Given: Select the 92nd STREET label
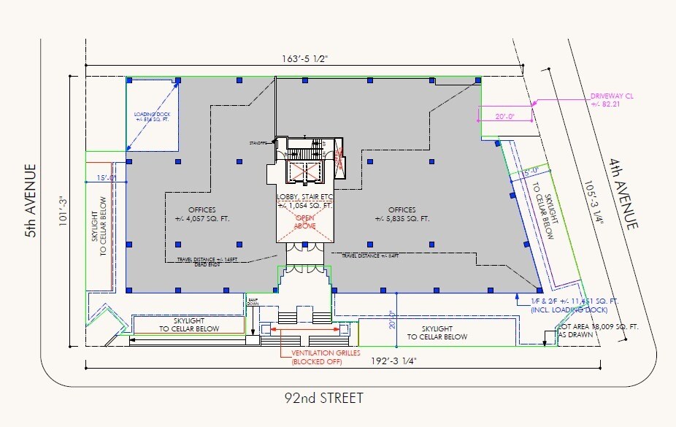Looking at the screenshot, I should click(x=323, y=398).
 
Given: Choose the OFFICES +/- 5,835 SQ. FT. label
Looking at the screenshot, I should click(x=402, y=214).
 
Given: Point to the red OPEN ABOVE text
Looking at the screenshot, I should click(x=304, y=222).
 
